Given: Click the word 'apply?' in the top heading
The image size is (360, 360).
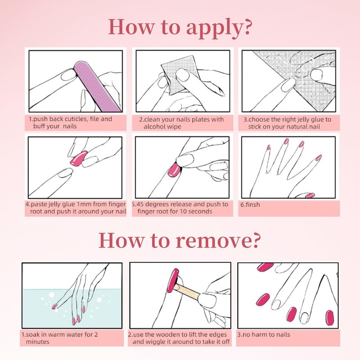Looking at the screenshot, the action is (219, 28).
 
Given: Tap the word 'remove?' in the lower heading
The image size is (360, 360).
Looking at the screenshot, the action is (219, 240).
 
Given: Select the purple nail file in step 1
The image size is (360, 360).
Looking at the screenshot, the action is (98, 86).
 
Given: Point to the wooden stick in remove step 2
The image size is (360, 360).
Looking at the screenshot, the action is (186, 292).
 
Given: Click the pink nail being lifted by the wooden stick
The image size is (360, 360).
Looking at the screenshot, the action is (173, 280).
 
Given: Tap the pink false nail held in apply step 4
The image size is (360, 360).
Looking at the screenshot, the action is (79, 158).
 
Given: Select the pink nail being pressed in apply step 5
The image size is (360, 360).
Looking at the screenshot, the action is (174, 171).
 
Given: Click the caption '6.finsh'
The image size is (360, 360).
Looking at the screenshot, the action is (250, 205).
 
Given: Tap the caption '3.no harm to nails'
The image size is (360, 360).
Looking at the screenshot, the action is (264, 334).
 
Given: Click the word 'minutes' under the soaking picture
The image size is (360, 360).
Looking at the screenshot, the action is (37, 342).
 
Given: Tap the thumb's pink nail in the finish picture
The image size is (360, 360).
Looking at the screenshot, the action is (310, 195).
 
